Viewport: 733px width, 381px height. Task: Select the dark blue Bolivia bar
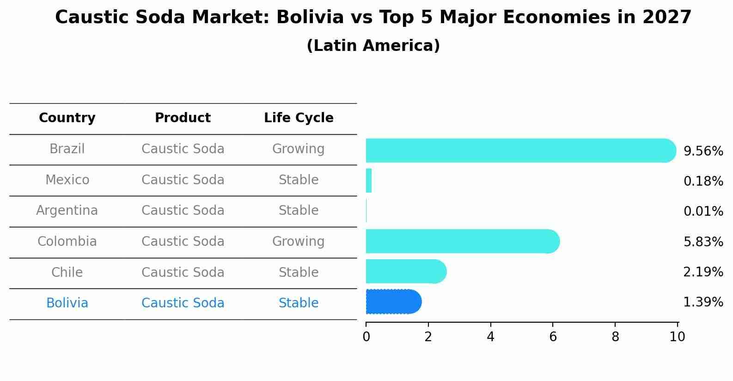tap(393, 302)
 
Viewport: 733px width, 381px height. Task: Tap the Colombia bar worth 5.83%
tap(462, 241)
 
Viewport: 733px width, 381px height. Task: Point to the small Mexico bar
tap(369, 181)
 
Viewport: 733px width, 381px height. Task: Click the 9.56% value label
tap(703, 151)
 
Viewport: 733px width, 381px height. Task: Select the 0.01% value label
tap(703, 212)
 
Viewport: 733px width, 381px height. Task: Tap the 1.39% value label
tap(703, 302)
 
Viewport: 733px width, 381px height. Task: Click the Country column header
tap(67, 118)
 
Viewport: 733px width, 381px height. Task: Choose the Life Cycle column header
tap(299, 118)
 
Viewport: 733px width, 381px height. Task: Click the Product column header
tap(183, 118)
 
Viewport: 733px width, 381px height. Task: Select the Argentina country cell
tap(67, 211)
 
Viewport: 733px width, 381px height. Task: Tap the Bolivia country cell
tap(67, 303)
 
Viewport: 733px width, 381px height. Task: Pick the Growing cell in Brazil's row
tap(298, 149)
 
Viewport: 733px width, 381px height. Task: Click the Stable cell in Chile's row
tap(298, 272)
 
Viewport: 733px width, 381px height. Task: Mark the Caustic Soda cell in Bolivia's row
tap(183, 303)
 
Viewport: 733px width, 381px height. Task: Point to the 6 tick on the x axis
tap(553, 337)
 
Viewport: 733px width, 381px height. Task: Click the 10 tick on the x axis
tap(677, 337)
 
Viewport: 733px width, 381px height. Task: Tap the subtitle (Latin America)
tap(373, 46)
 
